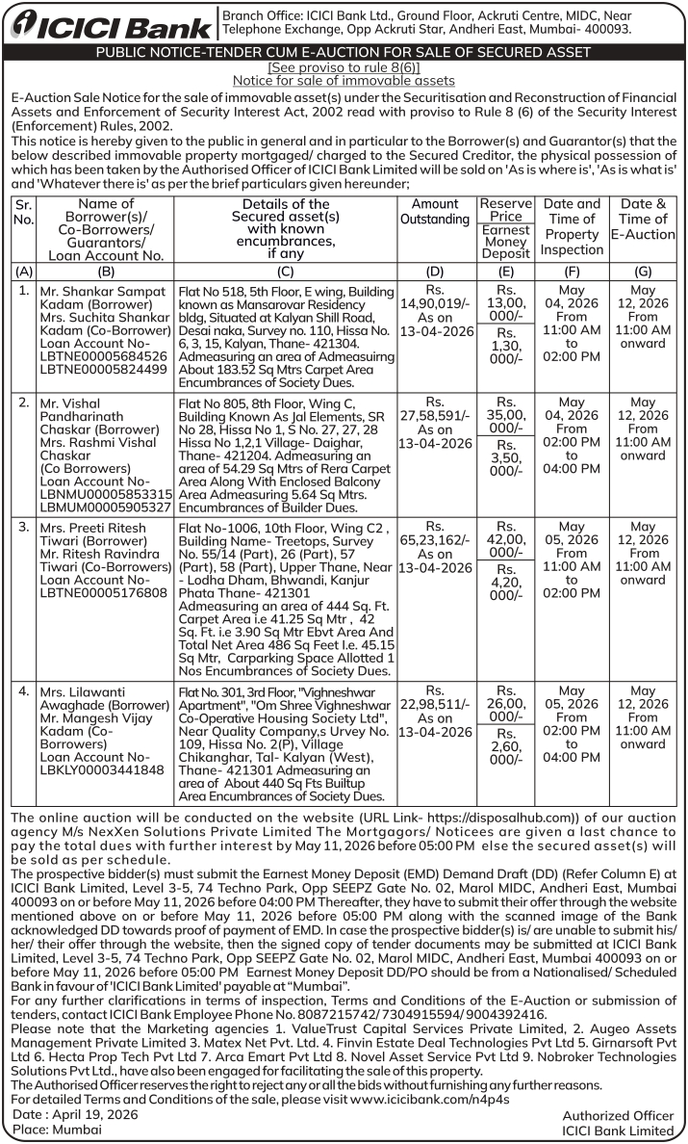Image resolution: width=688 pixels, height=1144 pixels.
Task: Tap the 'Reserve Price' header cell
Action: [506, 210]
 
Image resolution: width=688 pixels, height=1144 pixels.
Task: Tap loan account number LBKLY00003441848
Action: [105, 770]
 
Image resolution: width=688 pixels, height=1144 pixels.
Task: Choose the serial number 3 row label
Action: [23, 528]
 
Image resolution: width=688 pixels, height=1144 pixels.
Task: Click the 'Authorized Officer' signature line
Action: [618, 1115]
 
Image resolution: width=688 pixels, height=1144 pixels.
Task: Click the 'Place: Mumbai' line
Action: [46, 1130]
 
